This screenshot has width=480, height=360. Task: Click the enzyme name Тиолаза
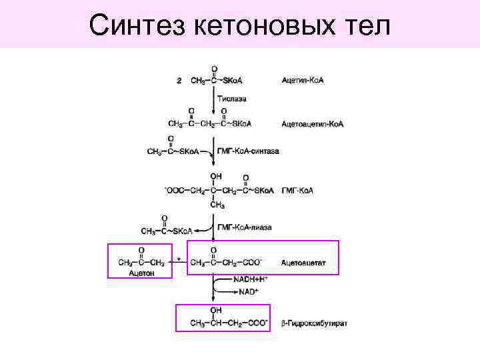(x=231, y=98)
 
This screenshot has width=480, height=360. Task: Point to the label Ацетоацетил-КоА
(x=312, y=124)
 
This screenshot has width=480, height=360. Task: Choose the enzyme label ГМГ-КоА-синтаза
(x=248, y=151)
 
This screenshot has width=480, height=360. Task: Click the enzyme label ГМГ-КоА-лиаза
(x=245, y=227)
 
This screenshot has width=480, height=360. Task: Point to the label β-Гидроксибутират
(x=313, y=323)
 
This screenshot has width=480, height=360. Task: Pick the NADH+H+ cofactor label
(x=250, y=279)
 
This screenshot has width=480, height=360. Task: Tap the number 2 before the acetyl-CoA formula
(x=179, y=81)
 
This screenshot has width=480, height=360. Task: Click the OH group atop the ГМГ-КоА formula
(x=215, y=176)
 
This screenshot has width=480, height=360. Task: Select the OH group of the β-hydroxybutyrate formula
(x=215, y=310)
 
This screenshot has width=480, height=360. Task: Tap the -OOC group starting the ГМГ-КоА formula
(x=173, y=191)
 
